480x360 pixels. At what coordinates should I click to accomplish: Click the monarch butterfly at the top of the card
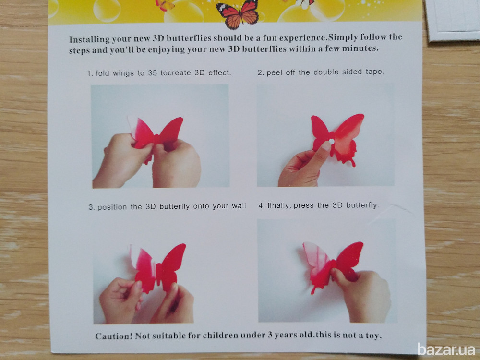tap(238, 14)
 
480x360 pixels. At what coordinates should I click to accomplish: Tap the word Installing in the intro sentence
tap(89, 39)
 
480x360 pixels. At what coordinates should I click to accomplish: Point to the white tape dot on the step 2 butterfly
tap(331, 141)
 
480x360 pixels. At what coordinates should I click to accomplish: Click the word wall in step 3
tap(239, 206)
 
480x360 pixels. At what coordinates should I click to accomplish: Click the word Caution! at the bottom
tap(114, 336)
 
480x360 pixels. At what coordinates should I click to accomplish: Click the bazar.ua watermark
tap(446, 350)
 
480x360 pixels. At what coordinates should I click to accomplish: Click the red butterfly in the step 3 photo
tap(158, 267)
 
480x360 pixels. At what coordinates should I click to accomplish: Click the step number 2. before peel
tap(261, 72)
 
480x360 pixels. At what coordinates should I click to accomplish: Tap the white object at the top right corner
tap(453, 20)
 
